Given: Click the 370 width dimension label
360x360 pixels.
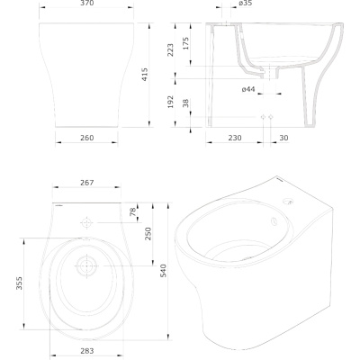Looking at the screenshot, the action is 87,3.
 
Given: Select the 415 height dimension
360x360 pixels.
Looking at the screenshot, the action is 144,75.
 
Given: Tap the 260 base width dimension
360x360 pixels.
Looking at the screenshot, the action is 87,138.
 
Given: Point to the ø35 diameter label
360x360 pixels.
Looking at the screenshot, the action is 246,3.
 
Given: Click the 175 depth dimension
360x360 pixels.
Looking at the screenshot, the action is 185,43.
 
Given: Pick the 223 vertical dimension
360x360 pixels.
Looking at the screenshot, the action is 170,50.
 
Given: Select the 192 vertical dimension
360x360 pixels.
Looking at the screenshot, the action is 170,102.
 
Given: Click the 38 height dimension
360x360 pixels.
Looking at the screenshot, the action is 185,103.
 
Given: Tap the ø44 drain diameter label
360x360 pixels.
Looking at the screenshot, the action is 248,89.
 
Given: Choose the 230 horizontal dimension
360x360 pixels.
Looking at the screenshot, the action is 235,138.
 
